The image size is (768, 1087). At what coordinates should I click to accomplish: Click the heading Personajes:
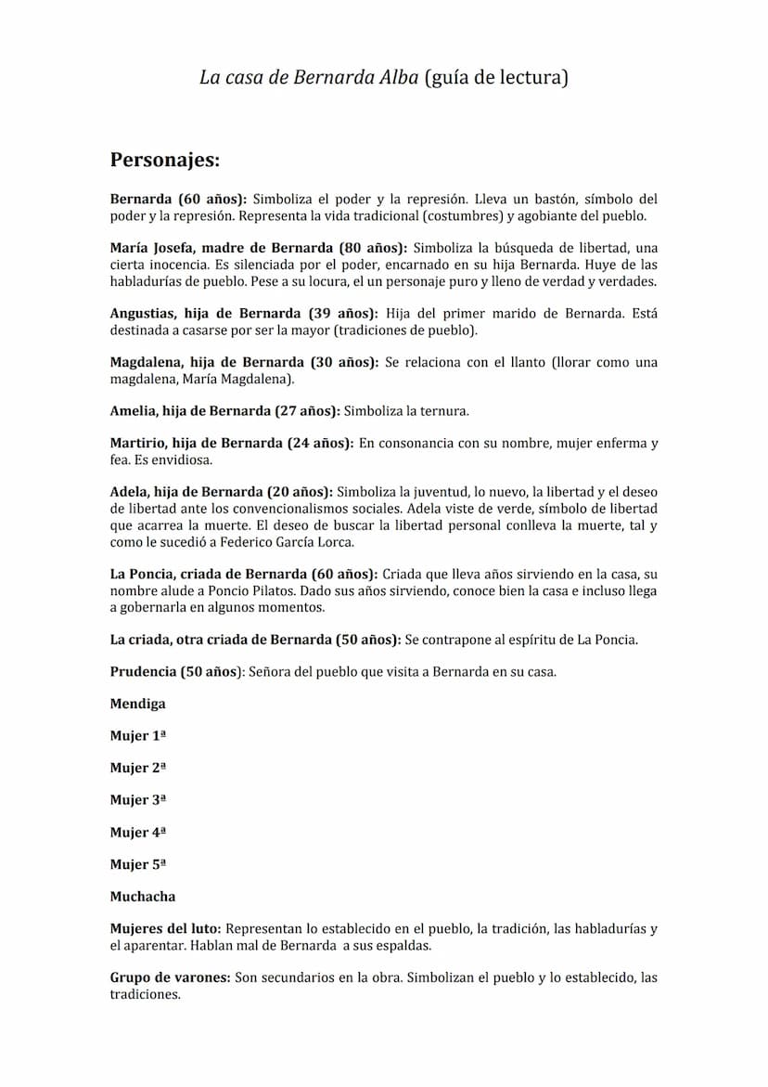click(x=165, y=160)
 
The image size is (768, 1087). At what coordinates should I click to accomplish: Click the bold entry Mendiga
click(x=137, y=704)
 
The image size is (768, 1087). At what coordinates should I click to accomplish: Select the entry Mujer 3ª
click(x=137, y=800)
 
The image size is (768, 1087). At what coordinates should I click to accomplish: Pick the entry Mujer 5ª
click(x=137, y=864)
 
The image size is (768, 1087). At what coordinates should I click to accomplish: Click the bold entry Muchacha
click(x=142, y=897)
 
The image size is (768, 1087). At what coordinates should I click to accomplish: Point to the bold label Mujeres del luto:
click(x=165, y=929)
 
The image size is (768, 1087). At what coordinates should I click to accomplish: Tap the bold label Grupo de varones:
click(x=170, y=977)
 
